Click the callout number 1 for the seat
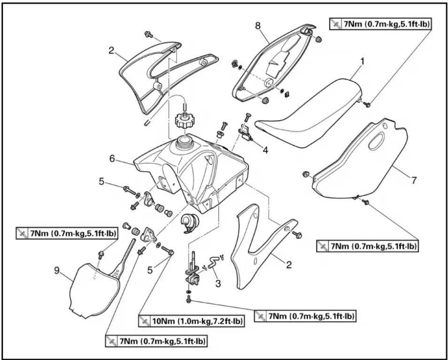(362, 62)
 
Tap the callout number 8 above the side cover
(258, 26)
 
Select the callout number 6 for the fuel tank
(112, 159)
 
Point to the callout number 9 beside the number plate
(57, 271)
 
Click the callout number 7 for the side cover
(414, 180)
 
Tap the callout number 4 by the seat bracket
(265, 150)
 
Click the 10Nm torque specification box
(191, 321)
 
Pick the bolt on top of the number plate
(101, 255)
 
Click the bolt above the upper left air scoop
(149, 34)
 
